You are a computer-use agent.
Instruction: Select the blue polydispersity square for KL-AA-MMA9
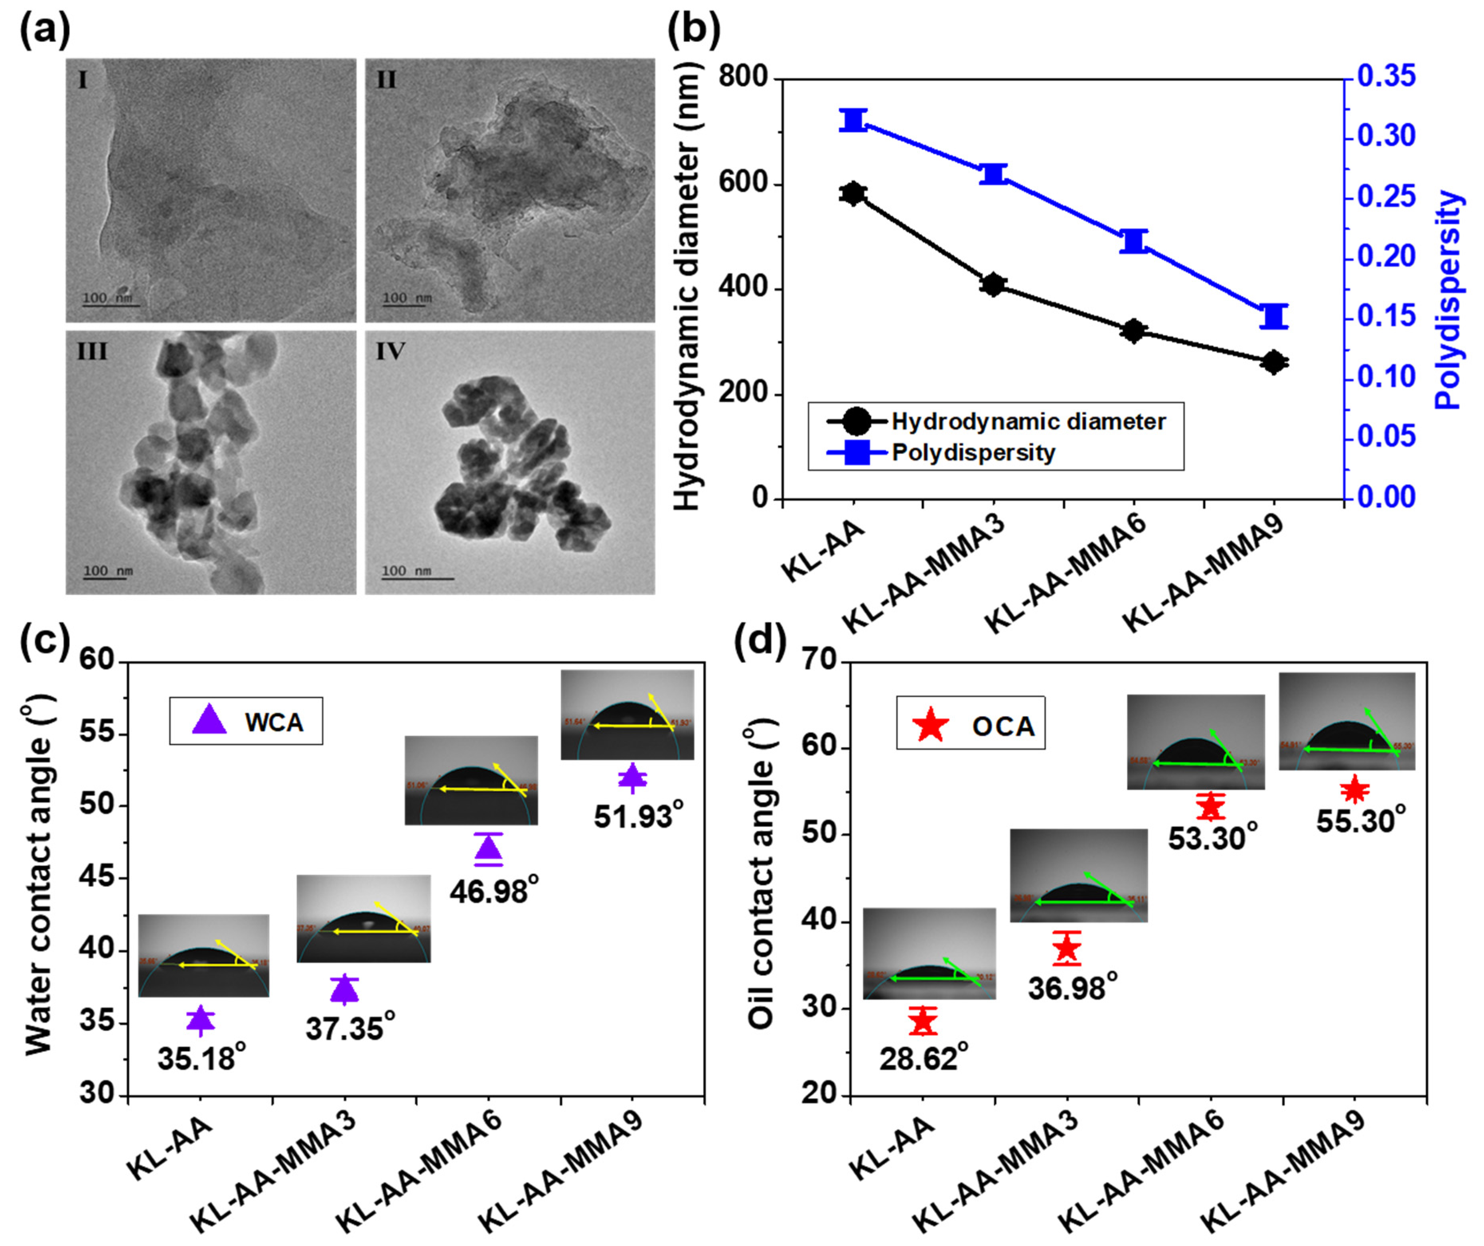[1274, 316]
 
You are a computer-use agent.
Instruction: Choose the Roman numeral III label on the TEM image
[93, 351]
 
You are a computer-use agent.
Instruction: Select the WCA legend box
[246, 721]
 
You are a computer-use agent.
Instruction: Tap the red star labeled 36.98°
[1067, 949]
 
